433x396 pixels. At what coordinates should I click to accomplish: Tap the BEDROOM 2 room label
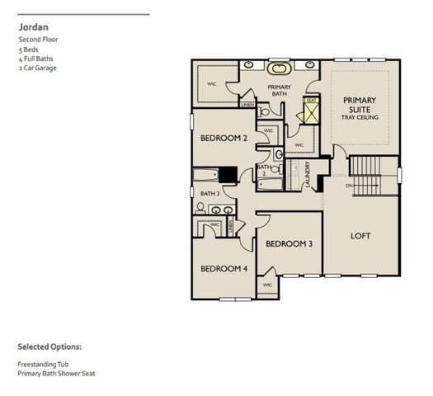point(224,139)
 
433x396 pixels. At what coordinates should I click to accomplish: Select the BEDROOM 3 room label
point(288,244)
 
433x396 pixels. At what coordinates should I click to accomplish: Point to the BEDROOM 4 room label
point(224,269)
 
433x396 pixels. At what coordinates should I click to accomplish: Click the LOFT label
point(360,236)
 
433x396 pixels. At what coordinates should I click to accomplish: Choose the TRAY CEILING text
point(358,118)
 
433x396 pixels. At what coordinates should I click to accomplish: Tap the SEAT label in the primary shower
point(311,101)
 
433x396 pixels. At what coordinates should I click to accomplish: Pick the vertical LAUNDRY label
point(308,175)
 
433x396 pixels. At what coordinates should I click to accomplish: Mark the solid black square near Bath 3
point(228,174)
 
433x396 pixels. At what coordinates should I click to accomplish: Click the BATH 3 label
point(209,194)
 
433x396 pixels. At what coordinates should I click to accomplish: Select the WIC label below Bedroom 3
point(267,285)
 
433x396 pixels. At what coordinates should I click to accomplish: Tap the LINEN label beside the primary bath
point(247,105)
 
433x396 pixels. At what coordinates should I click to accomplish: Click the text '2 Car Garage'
point(36,68)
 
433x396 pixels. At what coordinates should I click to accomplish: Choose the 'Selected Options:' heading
point(49,346)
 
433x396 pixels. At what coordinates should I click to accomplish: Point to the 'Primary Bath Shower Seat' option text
point(55,373)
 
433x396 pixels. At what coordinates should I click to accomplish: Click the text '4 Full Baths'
point(33,59)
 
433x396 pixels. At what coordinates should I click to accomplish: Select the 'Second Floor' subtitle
point(37,39)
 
